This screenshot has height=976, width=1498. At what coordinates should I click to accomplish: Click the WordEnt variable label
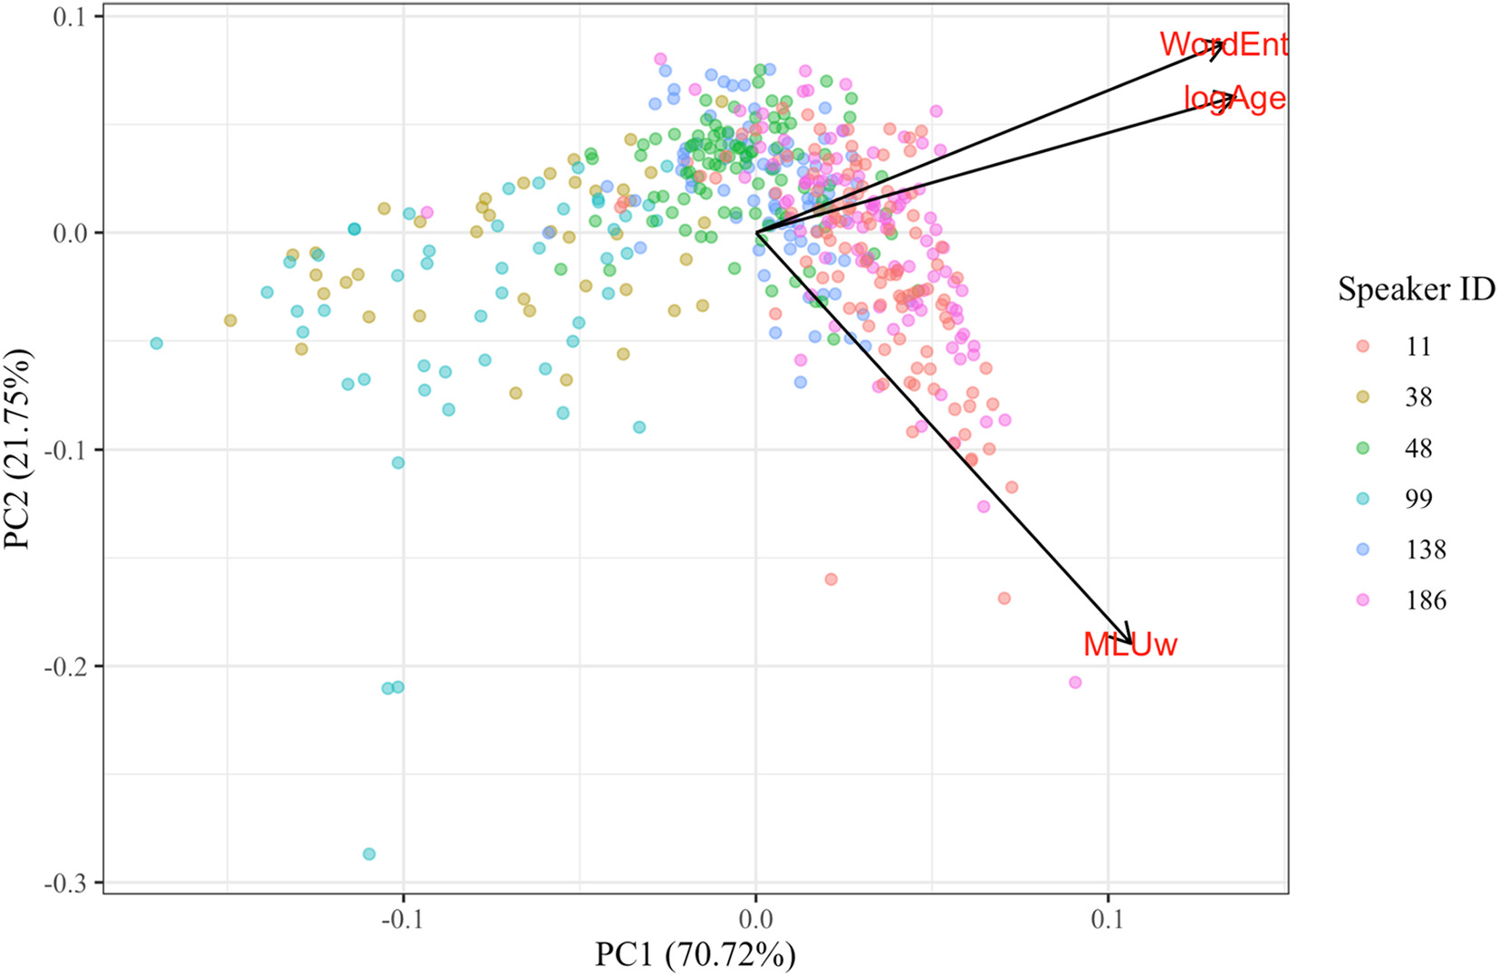coord(1223,43)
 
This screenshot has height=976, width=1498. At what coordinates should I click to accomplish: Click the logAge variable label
coord(1234,98)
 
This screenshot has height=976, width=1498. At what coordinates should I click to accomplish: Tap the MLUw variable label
coord(1129,645)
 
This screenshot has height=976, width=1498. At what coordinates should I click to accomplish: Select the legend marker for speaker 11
coord(1362,347)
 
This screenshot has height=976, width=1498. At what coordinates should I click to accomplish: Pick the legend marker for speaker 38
coord(1362,397)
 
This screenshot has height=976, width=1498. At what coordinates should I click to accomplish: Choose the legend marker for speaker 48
coord(1362,448)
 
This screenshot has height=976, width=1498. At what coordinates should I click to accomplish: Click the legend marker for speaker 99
coord(1362,499)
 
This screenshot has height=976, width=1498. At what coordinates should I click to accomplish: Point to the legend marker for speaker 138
coord(1362,550)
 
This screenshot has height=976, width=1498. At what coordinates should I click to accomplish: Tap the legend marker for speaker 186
coord(1362,600)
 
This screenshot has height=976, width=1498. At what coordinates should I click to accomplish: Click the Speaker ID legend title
coord(1416,290)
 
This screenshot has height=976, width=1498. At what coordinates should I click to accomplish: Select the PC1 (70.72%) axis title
coord(695,954)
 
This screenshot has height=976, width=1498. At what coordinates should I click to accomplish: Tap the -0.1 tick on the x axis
coord(403,920)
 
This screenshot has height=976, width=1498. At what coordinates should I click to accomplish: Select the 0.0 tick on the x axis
coord(755,920)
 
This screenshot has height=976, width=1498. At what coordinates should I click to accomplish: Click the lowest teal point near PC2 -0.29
coord(369,854)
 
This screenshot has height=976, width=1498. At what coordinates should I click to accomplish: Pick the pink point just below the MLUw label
coord(1075,682)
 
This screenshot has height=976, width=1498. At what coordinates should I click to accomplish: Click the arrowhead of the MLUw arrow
coord(1130,641)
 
